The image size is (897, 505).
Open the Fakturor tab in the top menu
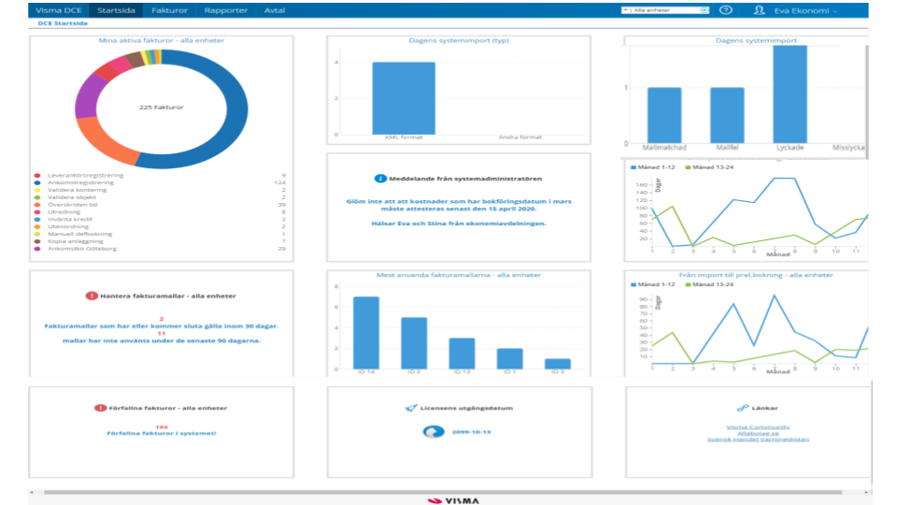pyautogui.click(x=170, y=10)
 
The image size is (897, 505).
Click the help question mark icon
pyautogui.click(x=725, y=10)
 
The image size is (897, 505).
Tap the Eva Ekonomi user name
pyautogui.click(x=801, y=10)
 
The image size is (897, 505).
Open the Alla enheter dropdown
pyautogui.click(x=665, y=10)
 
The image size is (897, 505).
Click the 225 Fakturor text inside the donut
pyautogui.click(x=161, y=108)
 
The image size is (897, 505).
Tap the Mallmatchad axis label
pyautogui.click(x=664, y=148)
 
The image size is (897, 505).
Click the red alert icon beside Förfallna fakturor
pyautogui.click(x=99, y=408)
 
